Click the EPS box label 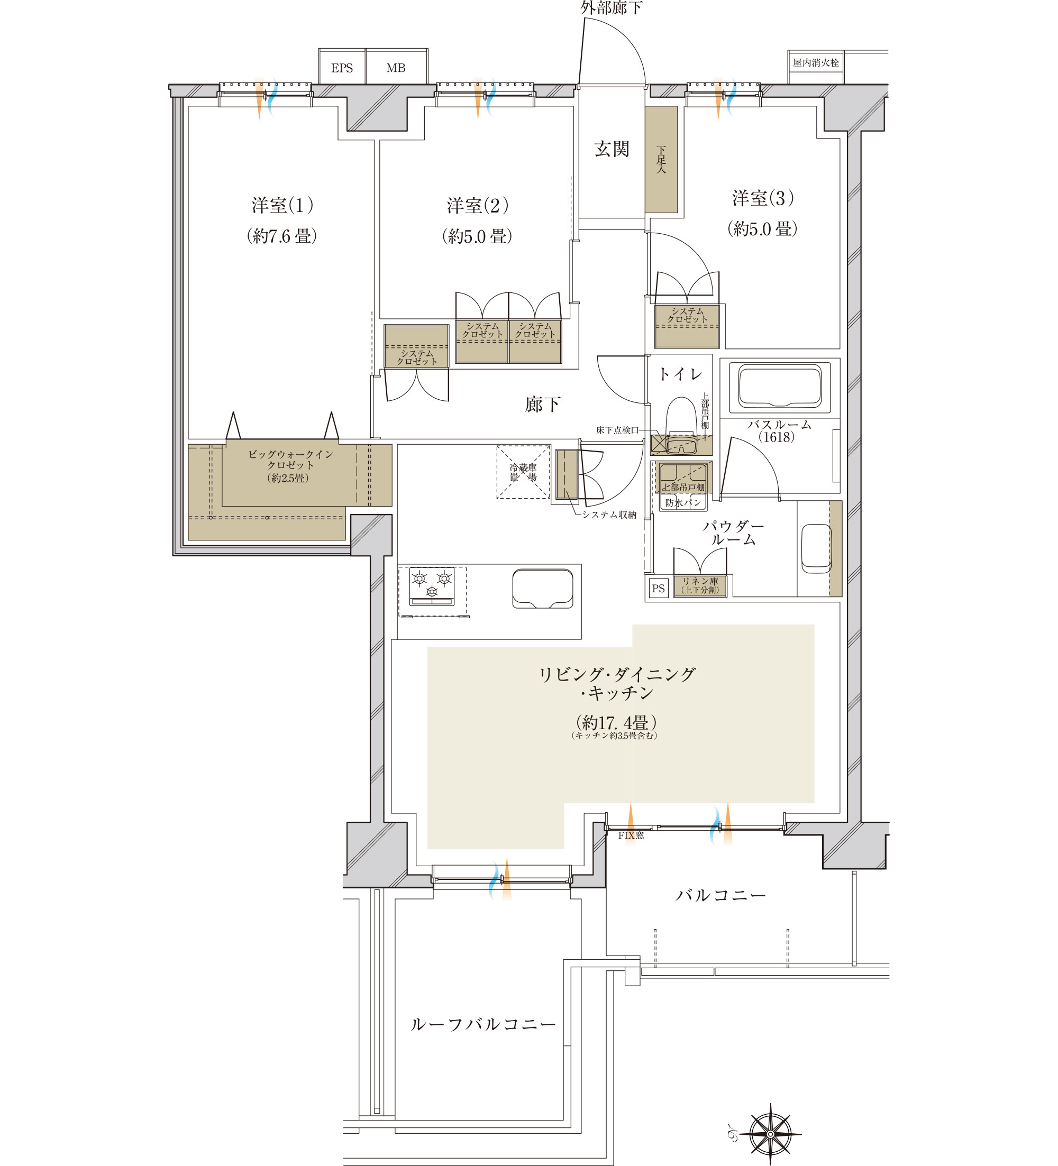point(342,68)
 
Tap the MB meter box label point(396,68)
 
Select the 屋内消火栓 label point(816,62)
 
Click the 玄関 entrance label point(612,149)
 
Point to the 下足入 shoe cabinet point(661,159)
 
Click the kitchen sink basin point(543,589)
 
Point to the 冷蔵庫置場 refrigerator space point(523,472)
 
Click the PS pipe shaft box point(658,589)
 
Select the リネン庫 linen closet point(700,586)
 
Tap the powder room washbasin point(816,548)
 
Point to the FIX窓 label point(631,835)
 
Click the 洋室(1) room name point(283,205)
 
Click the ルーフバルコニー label point(483,1024)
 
